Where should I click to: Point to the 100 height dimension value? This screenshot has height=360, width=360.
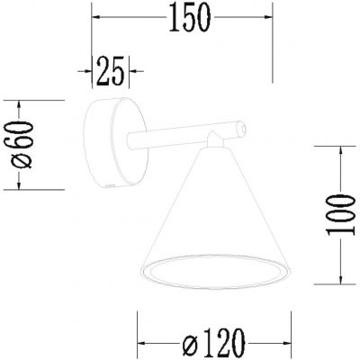click(337, 212)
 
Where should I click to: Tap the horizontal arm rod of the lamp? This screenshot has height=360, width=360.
click(171, 140)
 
